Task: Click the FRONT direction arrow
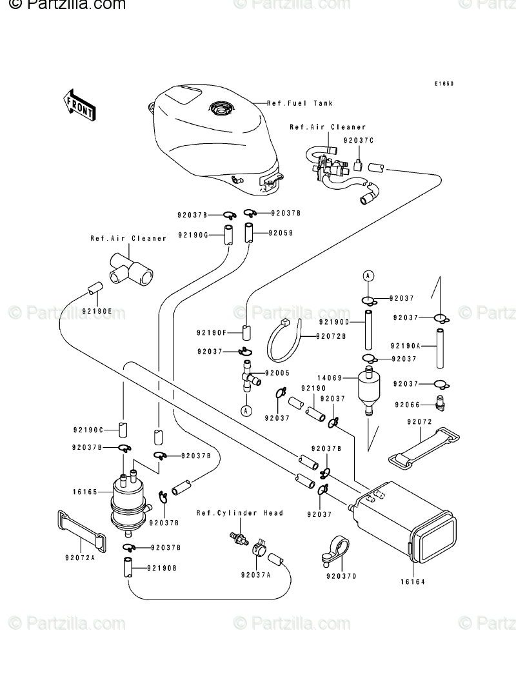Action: tap(79, 104)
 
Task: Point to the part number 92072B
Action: tap(332, 336)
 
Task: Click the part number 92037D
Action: tap(341, 575)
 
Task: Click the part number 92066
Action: tap(408, 405)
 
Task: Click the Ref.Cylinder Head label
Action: tap(241, 513)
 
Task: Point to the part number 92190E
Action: tap(97, 311)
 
